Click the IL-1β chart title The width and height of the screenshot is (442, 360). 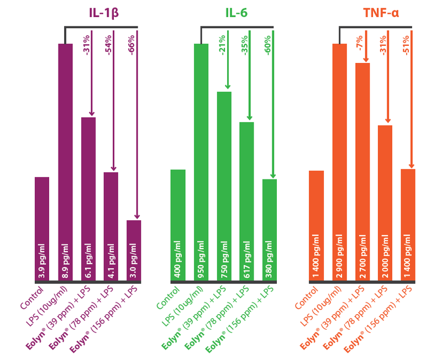click(104, 13)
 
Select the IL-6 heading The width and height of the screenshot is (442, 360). click(236, 13)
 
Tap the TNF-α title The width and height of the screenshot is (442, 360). click(381, 13)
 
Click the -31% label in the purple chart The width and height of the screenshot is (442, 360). click(86, 45)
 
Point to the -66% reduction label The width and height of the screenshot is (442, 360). click(131, 45)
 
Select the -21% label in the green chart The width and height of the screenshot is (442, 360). click(222, 45)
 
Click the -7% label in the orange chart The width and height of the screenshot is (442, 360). click(360, 43)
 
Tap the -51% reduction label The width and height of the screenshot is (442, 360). click(406, 45)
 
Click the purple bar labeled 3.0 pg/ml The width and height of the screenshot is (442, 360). click(134, 251)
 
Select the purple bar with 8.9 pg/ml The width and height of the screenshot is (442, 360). click(65, 162)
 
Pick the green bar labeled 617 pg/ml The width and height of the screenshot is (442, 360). click(246, 202)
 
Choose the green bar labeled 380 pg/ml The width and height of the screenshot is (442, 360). click(270, 230)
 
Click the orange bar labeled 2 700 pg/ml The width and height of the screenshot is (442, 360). click(362, 172)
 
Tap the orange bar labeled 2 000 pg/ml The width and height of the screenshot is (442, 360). click(385, 203)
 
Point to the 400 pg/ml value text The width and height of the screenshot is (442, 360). click(177, 259)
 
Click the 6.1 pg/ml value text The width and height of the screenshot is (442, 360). click(88, 261)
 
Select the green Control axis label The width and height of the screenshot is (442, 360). click(168, 298)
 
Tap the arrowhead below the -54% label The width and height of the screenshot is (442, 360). click(114, 169)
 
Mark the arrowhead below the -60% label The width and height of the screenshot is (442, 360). click(273, 176)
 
